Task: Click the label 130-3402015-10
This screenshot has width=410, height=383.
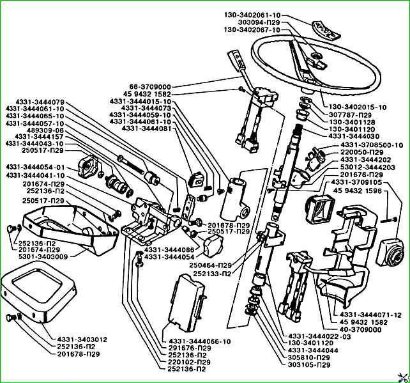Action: pyautogui.click(x=358, y=106)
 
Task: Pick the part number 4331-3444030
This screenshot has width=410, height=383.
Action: pyautogui.click(x=353, y=136)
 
